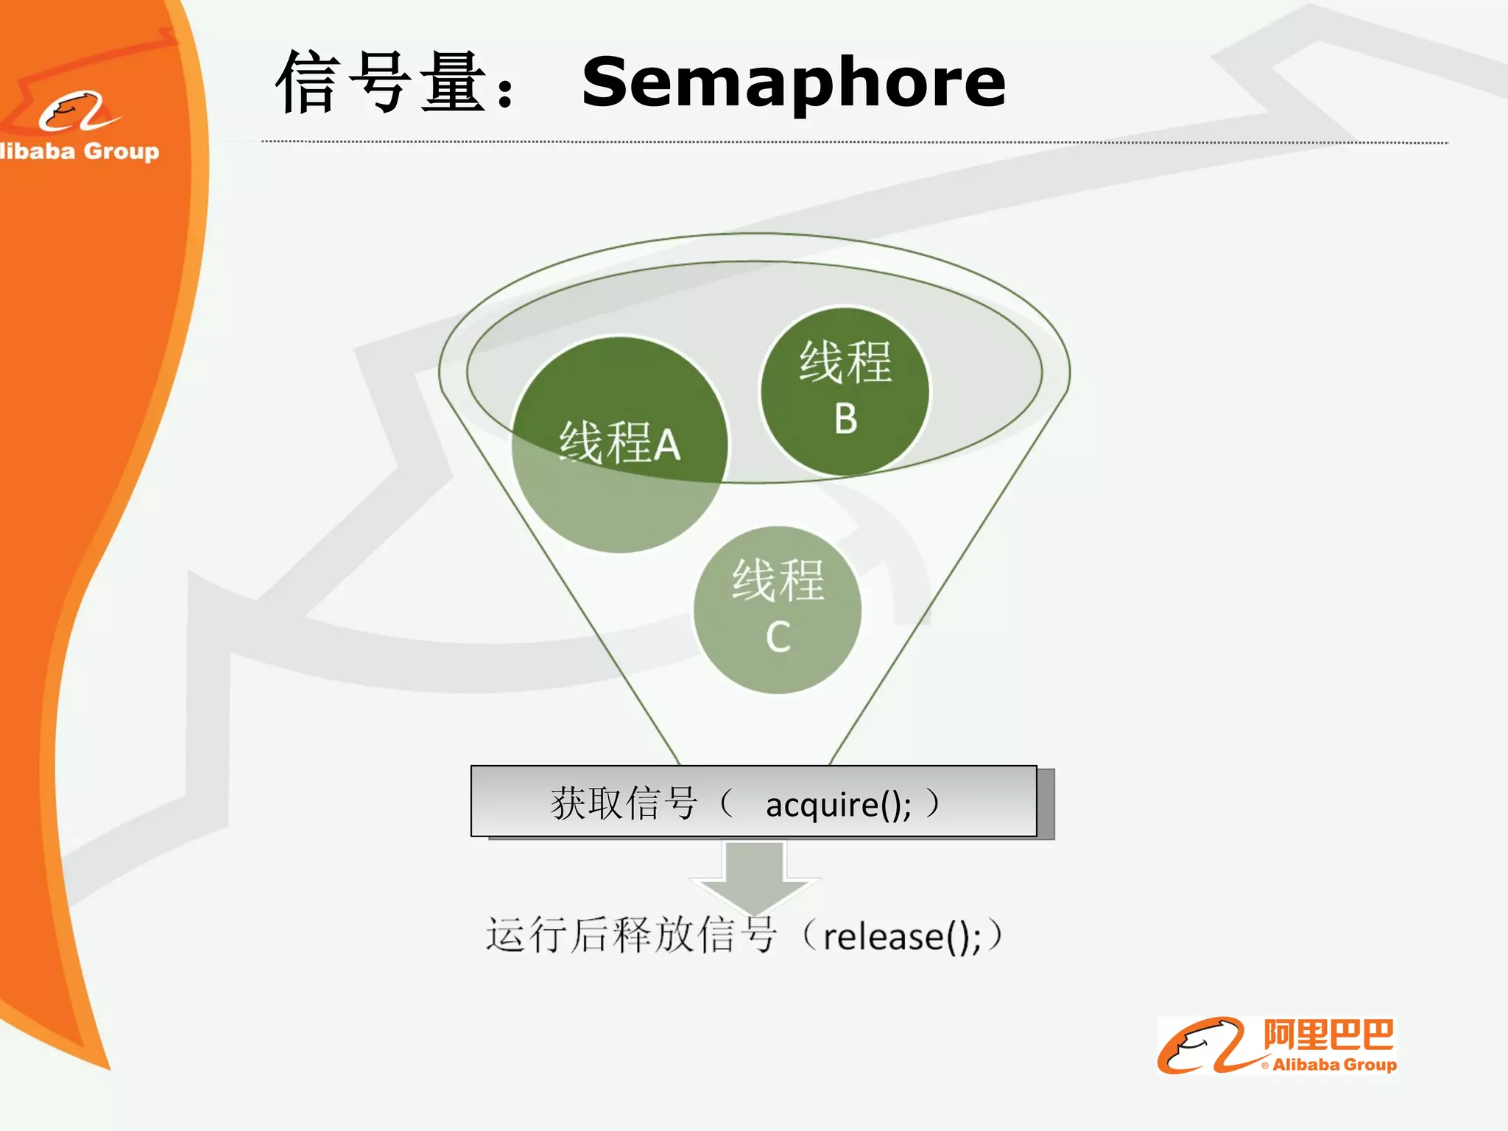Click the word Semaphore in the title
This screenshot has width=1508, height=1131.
[x=793, y=82]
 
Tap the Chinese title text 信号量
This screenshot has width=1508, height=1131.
[x=380, y=82]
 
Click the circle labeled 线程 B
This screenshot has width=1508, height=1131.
[x=845, y=391]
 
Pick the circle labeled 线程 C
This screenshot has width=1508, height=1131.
[x=778, y=610]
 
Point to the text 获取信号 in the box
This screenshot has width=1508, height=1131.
[x=624, y=803]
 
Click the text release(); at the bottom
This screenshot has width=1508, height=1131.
[x=902, y=937]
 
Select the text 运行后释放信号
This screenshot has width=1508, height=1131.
[x=631, y=935]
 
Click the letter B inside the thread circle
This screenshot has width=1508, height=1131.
[x=846, y=418]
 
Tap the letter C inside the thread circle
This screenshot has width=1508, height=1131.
[x=778, y=637]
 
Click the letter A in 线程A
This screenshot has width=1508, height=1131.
[x=667, y=445]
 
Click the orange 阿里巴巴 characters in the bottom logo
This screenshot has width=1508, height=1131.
[x=1328, y=1035]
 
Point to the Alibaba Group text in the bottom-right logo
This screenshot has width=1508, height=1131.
[x=1334, y=1065]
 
